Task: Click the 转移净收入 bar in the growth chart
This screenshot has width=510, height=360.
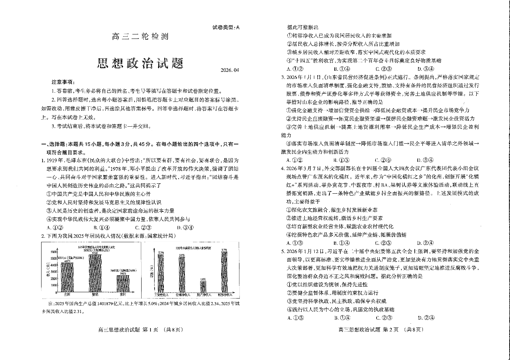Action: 224,272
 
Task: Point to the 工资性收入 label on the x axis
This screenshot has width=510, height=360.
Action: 161,295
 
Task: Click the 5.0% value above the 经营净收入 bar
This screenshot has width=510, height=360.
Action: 182,255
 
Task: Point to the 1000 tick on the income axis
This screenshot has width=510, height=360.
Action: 54,286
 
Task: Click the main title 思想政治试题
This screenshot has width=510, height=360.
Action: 140,63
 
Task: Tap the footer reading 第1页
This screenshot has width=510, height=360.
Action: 140,330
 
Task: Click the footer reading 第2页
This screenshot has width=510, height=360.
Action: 380,330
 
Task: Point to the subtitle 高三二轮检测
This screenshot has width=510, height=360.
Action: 140,37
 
